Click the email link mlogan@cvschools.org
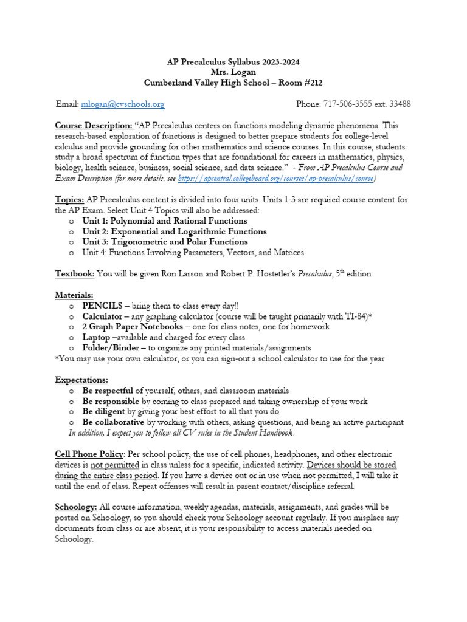click(122, 104)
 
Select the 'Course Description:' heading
click(94, 126)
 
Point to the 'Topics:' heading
click(69, 199)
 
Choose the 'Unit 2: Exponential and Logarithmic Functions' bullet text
click(174, 231)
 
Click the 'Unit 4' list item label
click(96, 252)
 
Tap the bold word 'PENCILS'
click(102, 306)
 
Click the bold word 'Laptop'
click(96, 337)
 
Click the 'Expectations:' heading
click(81, 380)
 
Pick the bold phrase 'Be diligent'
click(103, 411)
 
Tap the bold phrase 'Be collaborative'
click(113, 422)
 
